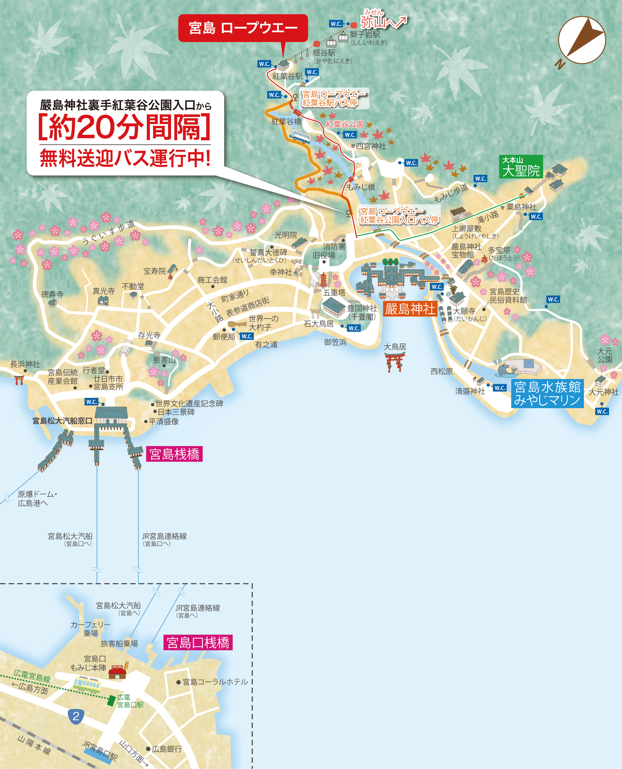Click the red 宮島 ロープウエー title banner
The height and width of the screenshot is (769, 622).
(x=243, y=28)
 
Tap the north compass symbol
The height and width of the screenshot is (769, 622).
(x=582, y=40)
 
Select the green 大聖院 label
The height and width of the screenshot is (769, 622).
(x=521, y=167)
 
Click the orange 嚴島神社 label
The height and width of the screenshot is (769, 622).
(x=410, y=309)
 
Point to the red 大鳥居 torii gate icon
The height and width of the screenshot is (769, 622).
(x=394, y=362)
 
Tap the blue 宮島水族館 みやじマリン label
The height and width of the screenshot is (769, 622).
(x=547, y=394)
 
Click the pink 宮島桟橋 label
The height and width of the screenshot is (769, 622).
(x=174, y=454)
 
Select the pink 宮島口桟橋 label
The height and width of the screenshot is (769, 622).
(x=198, y=642)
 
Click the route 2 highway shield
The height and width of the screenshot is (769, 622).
(x=76, y=716)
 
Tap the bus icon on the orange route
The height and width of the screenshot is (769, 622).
(x=300, y=136)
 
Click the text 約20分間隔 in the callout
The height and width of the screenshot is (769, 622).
(x=124, y=127)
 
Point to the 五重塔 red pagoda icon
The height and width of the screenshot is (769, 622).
(x=324, y=280)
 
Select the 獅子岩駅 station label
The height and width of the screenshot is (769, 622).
(x=365, y=35)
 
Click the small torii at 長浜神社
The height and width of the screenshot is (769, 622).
(x=19, y=380)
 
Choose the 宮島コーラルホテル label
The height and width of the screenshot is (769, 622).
(x=215, y=682)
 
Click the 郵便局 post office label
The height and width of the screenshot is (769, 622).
(x=224, y=337)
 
